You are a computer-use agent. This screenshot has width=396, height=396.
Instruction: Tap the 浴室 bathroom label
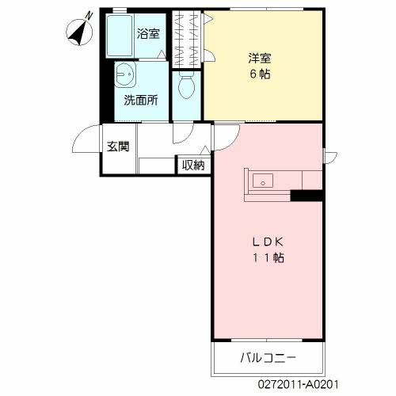pos(148,34)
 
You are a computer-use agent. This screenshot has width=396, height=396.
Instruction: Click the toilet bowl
pos(188,86)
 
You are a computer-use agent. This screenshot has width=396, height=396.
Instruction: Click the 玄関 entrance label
pos(118,147)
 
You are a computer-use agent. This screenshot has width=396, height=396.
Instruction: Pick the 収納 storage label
pos(193,165)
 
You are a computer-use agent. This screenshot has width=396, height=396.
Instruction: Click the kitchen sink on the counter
pos(262,181)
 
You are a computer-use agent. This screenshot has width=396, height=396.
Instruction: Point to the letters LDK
pos(268,242)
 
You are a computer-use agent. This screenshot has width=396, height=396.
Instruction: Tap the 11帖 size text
pos(268,259)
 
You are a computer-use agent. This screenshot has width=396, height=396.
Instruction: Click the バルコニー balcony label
pos(268,358)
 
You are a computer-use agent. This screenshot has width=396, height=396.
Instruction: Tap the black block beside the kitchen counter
pos(307,196)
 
